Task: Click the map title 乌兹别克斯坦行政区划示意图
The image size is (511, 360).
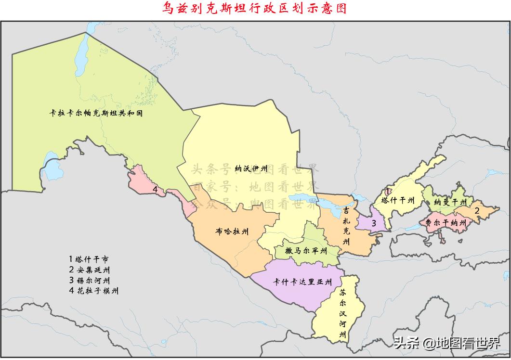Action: click(x=255, y=9)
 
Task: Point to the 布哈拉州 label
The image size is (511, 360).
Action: click(x=233, y=231)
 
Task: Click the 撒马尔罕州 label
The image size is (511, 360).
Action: click(x=306, y=251)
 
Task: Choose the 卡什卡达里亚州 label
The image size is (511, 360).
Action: click(x=302, y=282)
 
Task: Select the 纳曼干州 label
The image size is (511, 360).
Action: click(x=450, y=202)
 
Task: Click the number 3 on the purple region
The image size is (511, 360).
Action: click(x=373, y=222)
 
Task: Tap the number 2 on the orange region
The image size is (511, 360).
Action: click(x=477, y=210)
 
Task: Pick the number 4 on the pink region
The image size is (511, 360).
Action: click(x=155, y=189)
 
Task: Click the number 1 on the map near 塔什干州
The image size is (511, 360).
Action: click(x=388, y=191)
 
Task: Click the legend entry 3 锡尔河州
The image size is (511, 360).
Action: click(x=89, y=280)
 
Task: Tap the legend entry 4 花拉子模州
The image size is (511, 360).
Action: click(x=93, y=291)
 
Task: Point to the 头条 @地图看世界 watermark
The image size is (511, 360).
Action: click(x=447, y=344)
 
